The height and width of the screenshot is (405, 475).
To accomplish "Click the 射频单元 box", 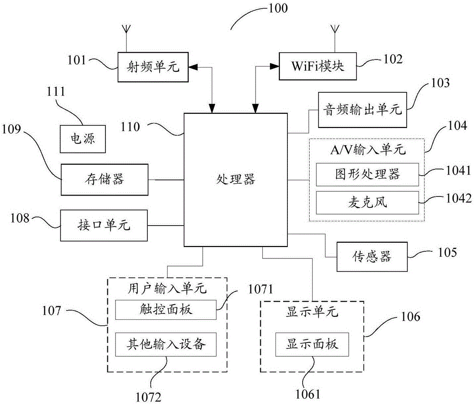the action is tap(153, 67).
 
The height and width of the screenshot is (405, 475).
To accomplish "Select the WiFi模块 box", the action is tap(317, 66).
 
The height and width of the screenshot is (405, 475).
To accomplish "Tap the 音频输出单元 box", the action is tap(362, 109).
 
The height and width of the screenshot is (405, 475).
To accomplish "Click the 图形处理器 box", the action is tap(368, 174).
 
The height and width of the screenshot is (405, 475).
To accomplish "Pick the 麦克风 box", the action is tap(368, 203).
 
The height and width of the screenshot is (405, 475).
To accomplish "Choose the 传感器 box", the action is tap(372, 257).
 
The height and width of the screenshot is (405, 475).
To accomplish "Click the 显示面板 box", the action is tap(312, 344).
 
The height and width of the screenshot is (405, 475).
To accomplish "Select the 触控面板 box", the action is tap(166, 310).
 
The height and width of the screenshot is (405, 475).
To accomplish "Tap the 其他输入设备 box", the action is tap(166, 344).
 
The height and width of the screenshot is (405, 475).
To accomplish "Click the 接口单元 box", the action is tap(104, 226).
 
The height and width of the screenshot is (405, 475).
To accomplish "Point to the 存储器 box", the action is tap(104, 179).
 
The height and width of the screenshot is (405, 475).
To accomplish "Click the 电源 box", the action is tap(83, 139).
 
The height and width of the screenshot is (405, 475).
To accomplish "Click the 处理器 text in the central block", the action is tap(236, 179).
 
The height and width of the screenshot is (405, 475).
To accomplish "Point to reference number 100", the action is tap(278, 8).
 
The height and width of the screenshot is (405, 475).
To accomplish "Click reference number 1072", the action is tap(148, 397).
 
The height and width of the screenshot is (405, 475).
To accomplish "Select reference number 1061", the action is tap(308, 394).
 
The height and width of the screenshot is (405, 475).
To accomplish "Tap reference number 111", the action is tap(56, 92).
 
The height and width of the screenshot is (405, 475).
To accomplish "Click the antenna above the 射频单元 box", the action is tap(127, 39).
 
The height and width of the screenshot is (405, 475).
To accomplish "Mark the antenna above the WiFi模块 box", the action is tap(335, 39).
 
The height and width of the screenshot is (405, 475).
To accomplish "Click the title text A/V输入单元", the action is tap(368, 149).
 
